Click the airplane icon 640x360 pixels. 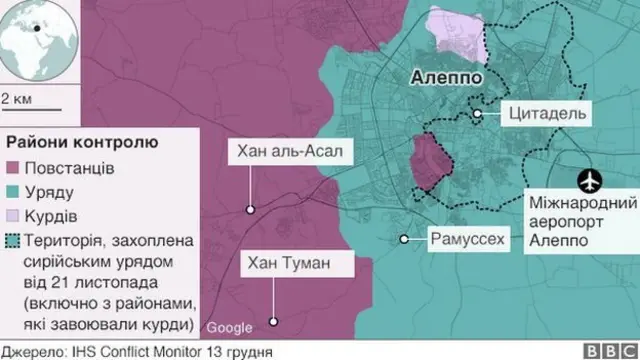[x=591, y=181]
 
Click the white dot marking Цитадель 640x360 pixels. [x=479, y=115]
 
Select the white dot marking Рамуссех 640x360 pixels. [x=405, y=239]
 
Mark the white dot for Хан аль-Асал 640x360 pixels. [x=249, y=209]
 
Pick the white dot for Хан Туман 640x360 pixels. [x=275, y=321]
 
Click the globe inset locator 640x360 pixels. [x=38, y=38]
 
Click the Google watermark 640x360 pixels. [x=230, y=328]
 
